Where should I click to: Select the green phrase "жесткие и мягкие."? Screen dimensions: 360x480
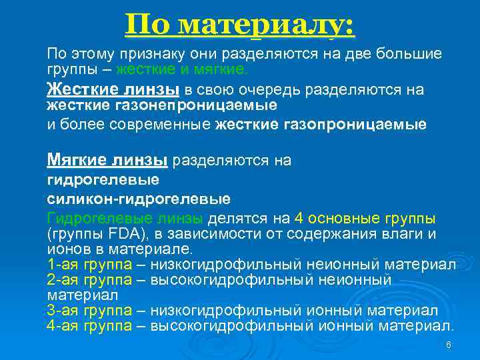point(182,69)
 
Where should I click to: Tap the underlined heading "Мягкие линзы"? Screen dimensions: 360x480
point(108,160)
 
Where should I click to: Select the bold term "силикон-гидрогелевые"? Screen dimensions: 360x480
point(139,199)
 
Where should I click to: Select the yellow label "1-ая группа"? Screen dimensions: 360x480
point(90,265)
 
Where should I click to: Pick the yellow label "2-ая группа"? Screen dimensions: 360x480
point(90,280)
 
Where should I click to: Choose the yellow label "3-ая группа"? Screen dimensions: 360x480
point(90,311)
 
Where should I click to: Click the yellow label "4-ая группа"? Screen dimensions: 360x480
point(90,326)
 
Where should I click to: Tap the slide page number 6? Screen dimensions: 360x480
point(449,345)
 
